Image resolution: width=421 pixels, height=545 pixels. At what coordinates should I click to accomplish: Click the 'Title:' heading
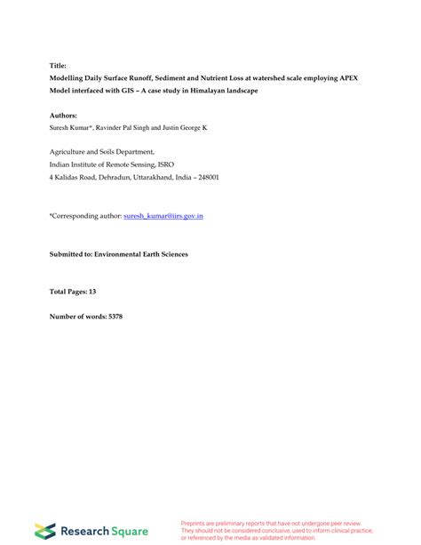[x=58, y=65]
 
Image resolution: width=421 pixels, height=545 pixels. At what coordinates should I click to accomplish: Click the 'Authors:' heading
[x=63, y=116]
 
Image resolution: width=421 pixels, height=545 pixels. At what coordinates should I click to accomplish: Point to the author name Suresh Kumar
[x=72, y=128]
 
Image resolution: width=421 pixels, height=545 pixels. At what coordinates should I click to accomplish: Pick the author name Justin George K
[x=187, y=128]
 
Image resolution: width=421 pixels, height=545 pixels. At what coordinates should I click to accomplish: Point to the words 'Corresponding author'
[x=85, y=216]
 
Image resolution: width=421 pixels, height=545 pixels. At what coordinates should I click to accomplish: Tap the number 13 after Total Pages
[x=92, y=292]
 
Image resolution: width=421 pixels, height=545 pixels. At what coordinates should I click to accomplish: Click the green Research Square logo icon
[x=44, y=531]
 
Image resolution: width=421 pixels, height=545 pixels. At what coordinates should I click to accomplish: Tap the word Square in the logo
[x=129, y=531]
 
